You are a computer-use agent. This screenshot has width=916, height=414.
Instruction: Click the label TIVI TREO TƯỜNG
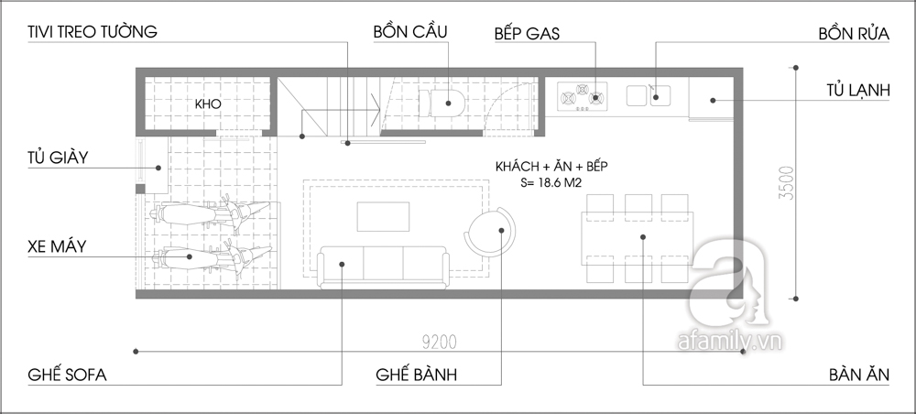tap(93, 31)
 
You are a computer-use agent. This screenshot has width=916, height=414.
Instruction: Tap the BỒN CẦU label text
tap(410, 31)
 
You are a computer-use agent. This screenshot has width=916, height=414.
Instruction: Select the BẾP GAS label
tap(527, 33)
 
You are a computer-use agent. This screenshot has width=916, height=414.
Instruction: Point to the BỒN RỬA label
tap(854, 33)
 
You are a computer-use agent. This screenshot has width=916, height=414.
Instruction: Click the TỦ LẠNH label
tap(858, 91)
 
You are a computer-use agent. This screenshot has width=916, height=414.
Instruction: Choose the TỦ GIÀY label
tap(58, 157)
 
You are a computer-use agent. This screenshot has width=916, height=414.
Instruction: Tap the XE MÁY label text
tap(57, 246)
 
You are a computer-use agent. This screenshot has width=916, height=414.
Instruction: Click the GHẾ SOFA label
tap(67, 375)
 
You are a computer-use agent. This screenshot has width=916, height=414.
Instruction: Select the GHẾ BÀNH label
tap(417, 375)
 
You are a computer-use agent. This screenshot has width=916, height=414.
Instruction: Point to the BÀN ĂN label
tap(859, 375)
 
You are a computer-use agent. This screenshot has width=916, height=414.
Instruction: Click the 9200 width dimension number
tap(440, 343)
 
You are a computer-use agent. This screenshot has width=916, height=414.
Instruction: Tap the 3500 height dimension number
tap(787, 183)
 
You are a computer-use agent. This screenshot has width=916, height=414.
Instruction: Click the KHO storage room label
tap(208, 103)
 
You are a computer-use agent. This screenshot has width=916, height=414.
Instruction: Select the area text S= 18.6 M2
tap(551, 183)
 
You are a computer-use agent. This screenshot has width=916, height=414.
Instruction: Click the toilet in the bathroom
tap(442, 103)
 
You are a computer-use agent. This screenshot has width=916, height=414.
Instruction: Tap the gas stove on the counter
tap(582, 96)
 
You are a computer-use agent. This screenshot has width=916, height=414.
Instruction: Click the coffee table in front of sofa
tap(383, 217)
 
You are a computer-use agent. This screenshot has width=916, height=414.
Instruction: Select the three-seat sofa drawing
tap(383, 267)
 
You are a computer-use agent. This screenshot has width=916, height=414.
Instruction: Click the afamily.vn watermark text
tap(730, 341)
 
